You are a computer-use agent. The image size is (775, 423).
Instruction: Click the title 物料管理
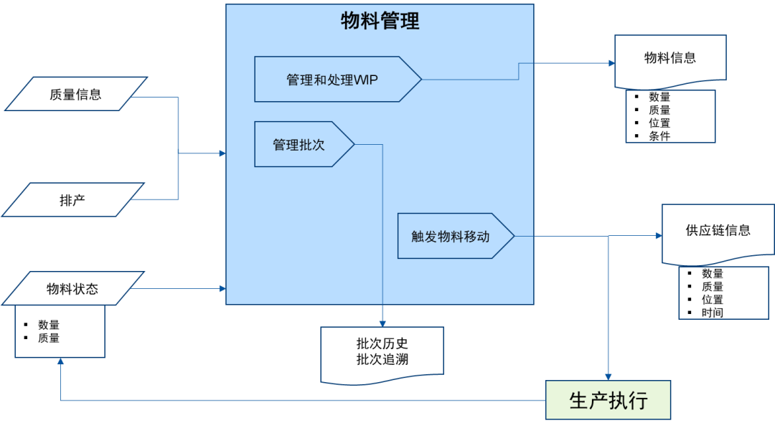tap(380, 22)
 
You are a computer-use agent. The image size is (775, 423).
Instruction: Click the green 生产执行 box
tap(608, 400)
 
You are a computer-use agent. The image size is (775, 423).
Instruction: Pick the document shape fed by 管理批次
tap(381, 353)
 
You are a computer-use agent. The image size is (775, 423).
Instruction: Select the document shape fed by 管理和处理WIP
tap(670, 61)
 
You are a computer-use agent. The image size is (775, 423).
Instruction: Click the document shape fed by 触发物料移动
tap(718, 233)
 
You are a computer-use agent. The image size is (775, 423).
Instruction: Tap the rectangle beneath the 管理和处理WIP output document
tap(670, 117)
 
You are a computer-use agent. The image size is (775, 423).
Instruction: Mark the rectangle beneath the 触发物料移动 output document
tap(723, 293)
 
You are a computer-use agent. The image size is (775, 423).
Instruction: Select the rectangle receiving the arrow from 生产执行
tap(60, 331)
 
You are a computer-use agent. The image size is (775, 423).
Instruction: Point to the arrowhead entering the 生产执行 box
tap(608, 376)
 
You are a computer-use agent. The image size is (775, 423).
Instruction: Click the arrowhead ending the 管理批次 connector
tap(382, 323)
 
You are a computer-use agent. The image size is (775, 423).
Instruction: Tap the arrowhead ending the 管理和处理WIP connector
tap(611, 63)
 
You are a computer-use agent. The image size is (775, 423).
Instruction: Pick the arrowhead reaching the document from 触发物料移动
tap(658, 236)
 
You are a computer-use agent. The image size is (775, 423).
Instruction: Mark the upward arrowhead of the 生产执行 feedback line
tap(61, 361)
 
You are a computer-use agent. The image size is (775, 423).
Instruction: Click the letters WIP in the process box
tap(366, 80)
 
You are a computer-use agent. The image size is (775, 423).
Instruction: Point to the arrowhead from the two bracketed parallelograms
tap(222, 153)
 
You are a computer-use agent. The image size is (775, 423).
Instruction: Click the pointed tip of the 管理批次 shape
tap(353, 145)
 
